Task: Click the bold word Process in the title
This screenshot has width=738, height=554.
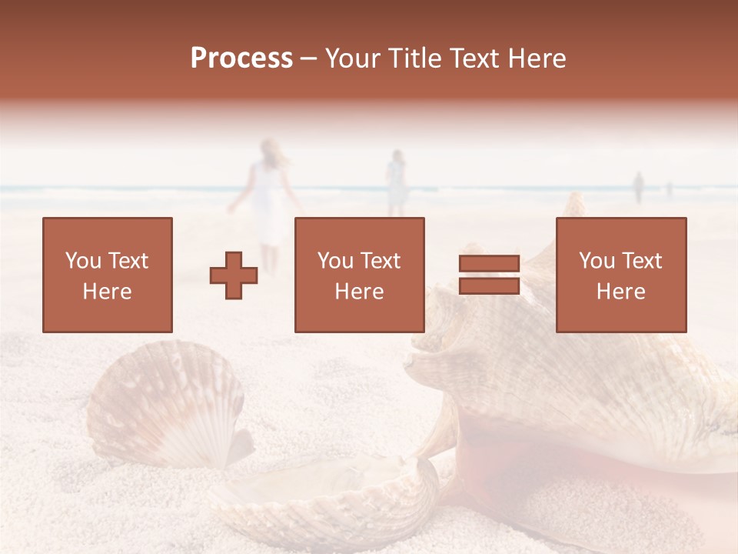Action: (x=241, y=58)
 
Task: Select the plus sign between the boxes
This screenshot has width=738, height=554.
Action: (x=234, y=275)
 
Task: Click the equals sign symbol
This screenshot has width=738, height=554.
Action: (x=489, y=275)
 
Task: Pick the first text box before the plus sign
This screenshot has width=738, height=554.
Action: (x=107, y=275)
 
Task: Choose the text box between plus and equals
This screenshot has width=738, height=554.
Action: (x=359, y=275)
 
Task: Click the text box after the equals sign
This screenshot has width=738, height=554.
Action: (x=620, y=275)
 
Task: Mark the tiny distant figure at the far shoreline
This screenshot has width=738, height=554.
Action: (x=637, y=187)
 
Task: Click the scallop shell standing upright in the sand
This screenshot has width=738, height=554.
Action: (x=165, y=404)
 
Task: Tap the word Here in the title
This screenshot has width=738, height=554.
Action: (x=538, y=58)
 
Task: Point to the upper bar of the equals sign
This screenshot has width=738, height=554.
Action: (x=489, y=263)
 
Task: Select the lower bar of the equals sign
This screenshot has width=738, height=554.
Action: (x=489, y=286)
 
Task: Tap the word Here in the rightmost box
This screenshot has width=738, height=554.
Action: (x=620, y=291)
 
